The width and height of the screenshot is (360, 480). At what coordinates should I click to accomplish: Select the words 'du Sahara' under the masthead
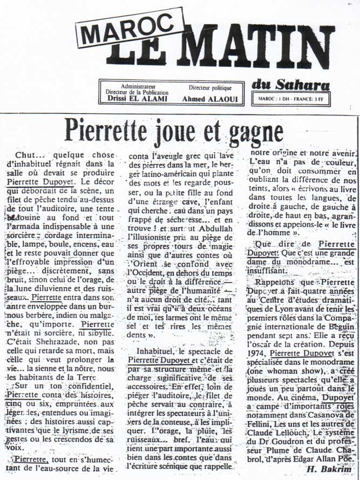click(290, 85)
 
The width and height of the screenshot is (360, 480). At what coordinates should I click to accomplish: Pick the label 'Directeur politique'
click(210, 87)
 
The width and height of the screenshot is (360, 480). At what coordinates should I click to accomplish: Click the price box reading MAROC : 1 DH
click(291, 99)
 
